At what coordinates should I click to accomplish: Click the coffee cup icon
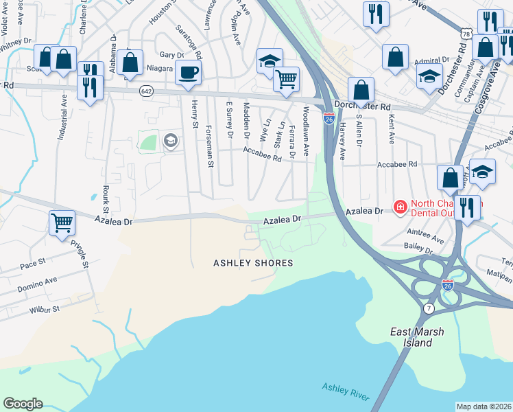point(188,72)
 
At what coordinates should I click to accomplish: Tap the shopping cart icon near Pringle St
point(62,222)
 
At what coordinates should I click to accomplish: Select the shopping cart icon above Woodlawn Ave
point(286,78)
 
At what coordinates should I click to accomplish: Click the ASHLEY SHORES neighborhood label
point(253,263)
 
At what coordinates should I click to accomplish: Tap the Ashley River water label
point(346,392)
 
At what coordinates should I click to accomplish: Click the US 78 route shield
point(466,34)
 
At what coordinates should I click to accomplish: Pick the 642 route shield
point(146,90)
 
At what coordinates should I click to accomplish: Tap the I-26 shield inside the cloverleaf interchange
point(447,284)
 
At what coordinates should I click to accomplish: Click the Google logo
point(23,404)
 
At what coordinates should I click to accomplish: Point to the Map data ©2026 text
point(483,407)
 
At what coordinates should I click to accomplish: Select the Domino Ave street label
point(37,284)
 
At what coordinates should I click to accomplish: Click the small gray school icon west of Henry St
point(169,141)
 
